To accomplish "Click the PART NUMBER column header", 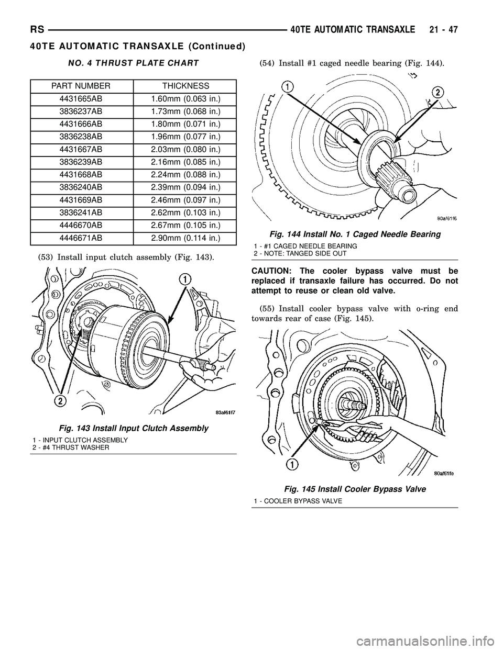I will tap(81, 85).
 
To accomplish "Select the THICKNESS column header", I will tap(186, 85).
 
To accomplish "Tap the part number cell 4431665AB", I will tap(81, 98).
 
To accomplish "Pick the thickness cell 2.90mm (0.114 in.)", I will tap(186, 238).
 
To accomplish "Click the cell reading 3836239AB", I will tap(81, 162).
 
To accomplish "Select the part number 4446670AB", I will tap(81, 226).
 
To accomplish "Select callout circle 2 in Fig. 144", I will tap(436, 92).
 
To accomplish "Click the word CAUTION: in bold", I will tap(274, 271).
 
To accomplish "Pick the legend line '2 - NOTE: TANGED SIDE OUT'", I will tap(300, 253).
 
